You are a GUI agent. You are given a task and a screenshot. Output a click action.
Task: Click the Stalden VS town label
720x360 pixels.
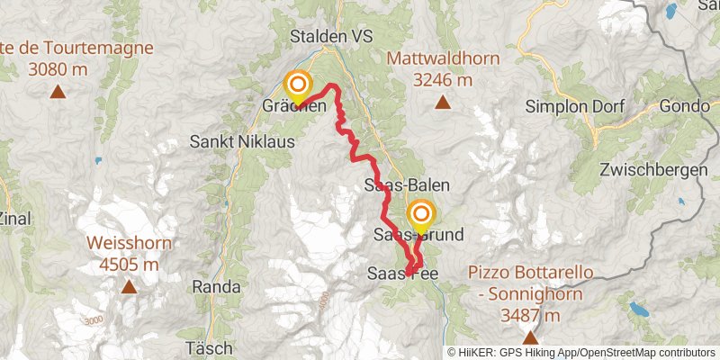click(330, 37)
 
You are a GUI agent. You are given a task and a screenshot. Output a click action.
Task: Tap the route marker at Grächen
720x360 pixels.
click(297, 87)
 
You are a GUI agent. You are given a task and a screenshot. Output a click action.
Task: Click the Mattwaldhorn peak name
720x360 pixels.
click(443, 59)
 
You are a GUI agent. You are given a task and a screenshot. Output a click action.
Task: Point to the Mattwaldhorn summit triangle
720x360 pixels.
click(443, 102)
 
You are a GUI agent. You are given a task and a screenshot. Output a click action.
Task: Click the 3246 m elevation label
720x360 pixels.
click(443, 79)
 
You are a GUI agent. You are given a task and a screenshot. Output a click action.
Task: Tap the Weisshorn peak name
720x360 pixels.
click(129, 243)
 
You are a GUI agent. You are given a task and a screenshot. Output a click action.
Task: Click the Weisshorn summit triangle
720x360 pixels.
click(129, 287)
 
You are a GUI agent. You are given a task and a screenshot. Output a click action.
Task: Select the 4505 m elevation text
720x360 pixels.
click(129, 265)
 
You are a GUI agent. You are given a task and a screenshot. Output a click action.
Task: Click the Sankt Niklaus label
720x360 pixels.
click(227, 141)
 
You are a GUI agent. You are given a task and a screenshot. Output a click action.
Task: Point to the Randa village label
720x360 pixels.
click(216, 287)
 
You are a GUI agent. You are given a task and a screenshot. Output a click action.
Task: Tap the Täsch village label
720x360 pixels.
click(210, 347)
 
